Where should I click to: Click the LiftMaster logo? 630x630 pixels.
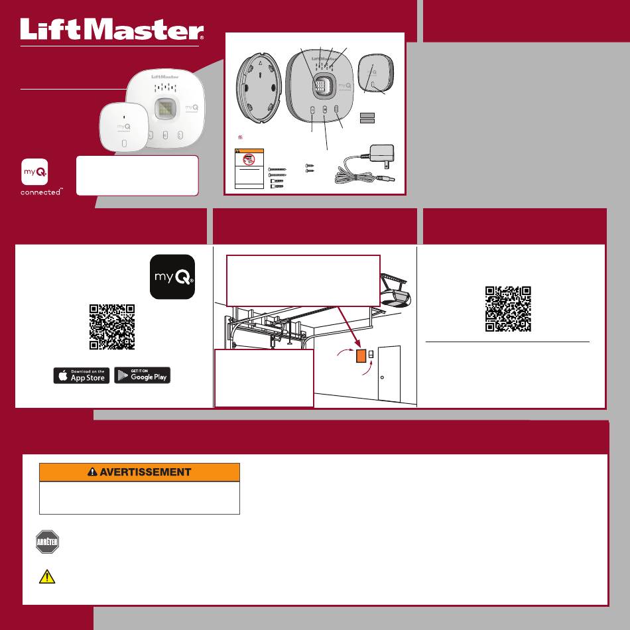pos(112,29)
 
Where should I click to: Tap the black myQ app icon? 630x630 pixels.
pos(172,277)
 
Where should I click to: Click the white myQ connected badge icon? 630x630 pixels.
pos(34,172)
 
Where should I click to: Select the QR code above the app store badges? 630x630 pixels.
pos(112,327)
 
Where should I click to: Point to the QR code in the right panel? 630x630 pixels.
pos(508,309)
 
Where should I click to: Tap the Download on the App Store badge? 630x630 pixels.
pos(82,375)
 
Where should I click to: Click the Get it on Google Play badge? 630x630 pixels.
pos(142,375)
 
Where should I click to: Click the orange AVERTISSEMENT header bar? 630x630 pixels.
pos(139,472)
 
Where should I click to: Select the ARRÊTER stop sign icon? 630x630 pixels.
pos(47,542)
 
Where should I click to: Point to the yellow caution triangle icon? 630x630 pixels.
pos(47,576)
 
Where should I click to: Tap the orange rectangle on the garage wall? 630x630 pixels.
pos(361,356)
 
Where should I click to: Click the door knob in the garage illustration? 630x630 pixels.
pos(382,377)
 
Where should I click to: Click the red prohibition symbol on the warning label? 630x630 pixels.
pos(249,160)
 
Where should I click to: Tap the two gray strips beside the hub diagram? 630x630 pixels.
pos(367,118)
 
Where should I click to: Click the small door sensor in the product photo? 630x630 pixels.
pos(124,127)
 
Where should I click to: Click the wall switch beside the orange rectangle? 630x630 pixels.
pos(371,354)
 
